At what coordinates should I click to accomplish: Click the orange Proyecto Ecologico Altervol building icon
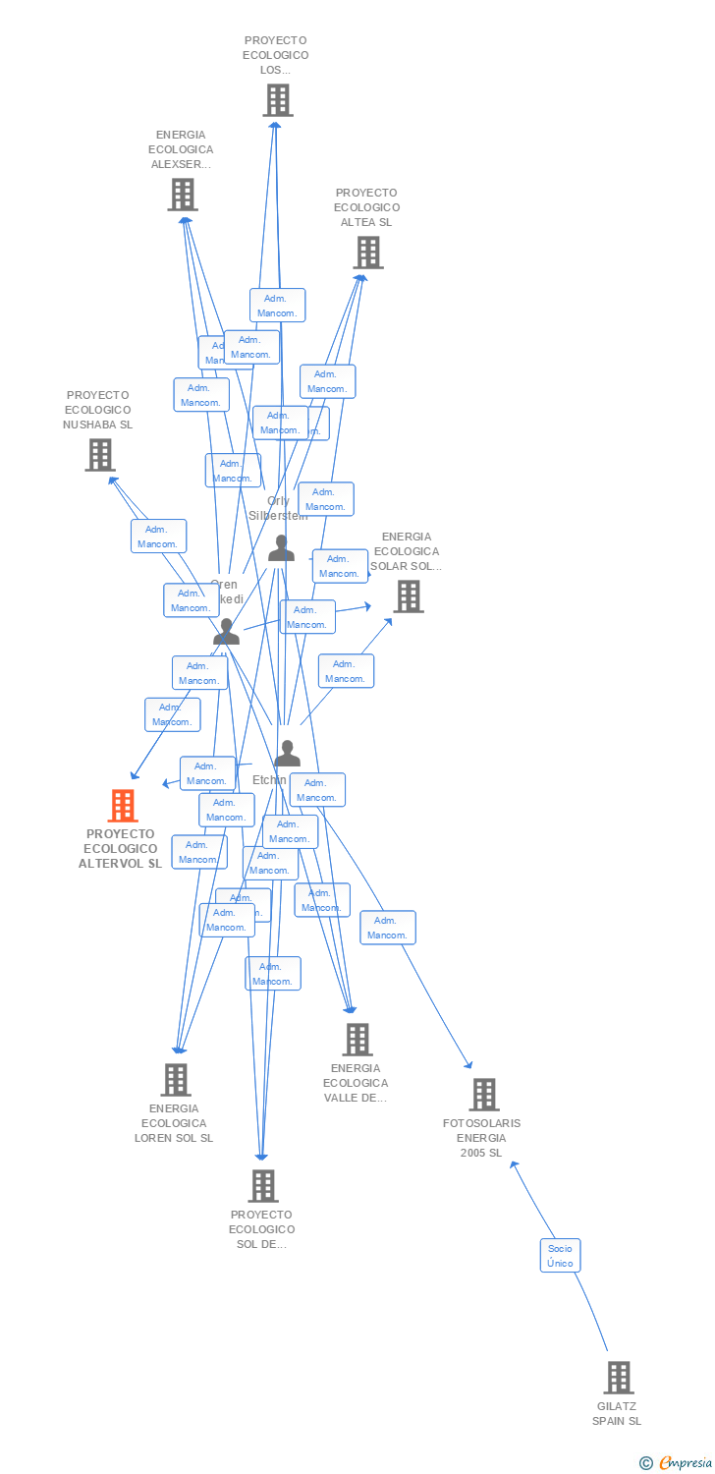tap(122, 806)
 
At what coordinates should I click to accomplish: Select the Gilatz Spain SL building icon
tap(618, 1378)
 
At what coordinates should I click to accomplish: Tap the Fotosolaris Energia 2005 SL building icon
tap(483, 1094)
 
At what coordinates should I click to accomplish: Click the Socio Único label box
tap(560, 1255)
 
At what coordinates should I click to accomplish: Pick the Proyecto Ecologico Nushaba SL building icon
tap(99, 455)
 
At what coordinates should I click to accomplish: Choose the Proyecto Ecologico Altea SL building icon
tap(367, 253)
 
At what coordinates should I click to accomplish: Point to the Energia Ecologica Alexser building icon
tap(182, 195)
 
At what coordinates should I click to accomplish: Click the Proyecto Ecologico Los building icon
tap(277, 100)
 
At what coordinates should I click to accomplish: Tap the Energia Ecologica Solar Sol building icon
tap(408, 595)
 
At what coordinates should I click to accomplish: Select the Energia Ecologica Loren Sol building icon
tap(175, 1079)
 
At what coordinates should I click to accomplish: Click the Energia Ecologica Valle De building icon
tap(357, 1039)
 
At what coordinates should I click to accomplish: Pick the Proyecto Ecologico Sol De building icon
tap(262, 1185)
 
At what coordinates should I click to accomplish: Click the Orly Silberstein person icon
tap(282, 548)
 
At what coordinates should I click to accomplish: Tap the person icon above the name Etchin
tap(287, 754)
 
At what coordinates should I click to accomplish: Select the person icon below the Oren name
tap(227, 631)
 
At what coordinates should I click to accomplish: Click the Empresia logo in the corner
tap(677, 1463)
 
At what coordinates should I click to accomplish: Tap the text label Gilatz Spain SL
tap(618, 1413)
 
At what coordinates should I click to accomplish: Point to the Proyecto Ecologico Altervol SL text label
tap(121, 849)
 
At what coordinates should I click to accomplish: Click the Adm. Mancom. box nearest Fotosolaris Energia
tap(387, 928)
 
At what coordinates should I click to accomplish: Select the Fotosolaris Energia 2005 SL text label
tap(481, 1138)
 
